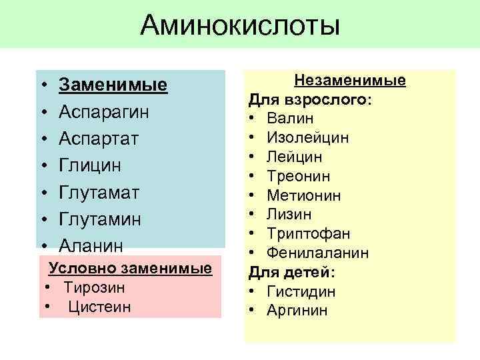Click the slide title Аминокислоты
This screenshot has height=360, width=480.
[x=240, y=26]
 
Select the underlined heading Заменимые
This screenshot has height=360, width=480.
[x=113, y=85]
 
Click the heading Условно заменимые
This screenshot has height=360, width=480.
[x=130, y=268]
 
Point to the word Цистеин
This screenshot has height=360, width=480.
[x=99, y=307]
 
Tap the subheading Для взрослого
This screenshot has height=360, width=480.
[x=310, y=100]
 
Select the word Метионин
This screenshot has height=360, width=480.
[x=303, y=195]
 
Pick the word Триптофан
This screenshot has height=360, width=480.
[x=308, y=234]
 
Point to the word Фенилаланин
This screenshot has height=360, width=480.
[x=317, y=253]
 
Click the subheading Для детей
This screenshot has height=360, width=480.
[x=292, y=273]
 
